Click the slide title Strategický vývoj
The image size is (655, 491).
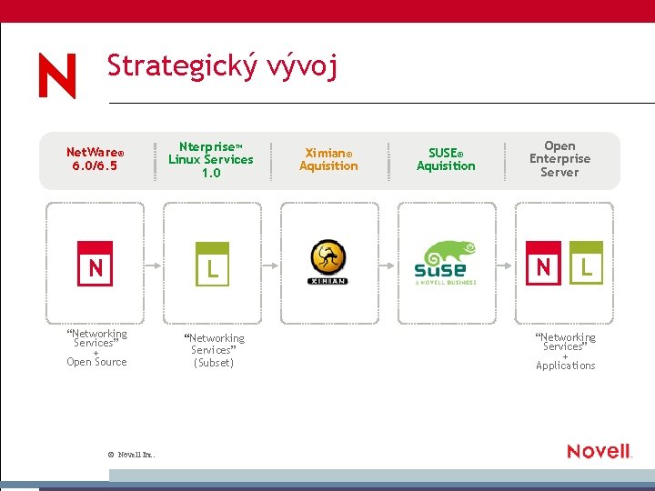pyautogui.click(x=222, y=67)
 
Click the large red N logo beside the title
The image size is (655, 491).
pyautogui.click(x=57, y=75)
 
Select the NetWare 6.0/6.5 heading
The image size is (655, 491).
pyautogui.click(x=95, y=159)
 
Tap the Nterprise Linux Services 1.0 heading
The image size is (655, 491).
pyautogui.click(x=211, y=159)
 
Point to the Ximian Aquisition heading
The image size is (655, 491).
pyautogui.click(x=328, y=159)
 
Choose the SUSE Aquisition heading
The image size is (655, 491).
pyautogui.click(x=446, y=159)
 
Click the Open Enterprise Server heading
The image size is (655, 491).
pyautogui.click(x=559, y=159)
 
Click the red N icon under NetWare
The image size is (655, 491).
pyautogui.click(x=96, y=264)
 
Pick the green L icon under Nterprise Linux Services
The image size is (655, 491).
pyautogui.click(x=212, y=264)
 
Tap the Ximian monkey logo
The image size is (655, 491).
pyautogui.click(x=328, y=263)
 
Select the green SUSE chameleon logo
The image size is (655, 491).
pyautogui.click(x=446, y=263)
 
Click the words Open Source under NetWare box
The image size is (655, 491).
pyautogui.click(x=96, y=362)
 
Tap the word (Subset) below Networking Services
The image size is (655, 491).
pyautogui.click(x=214, y=363)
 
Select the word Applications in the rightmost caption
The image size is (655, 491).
pyautogui.click(x=566, y=366)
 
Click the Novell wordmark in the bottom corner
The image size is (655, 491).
pyautogui.click(x=599, y=451)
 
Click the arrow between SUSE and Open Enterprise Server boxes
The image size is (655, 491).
pyautogui.click(x=504, y=264)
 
